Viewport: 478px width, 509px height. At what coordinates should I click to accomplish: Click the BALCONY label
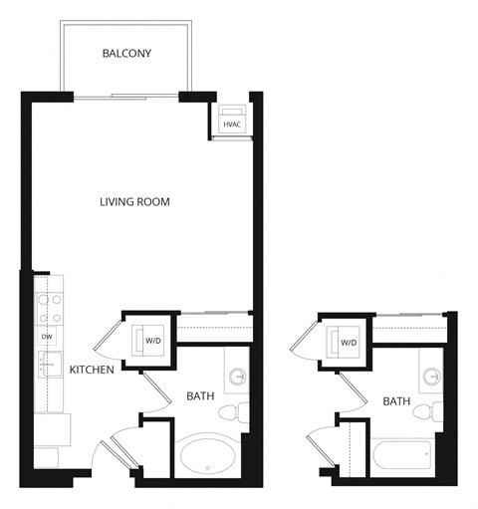[126, 54]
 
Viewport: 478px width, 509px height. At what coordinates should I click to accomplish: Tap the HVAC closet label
[233, 125]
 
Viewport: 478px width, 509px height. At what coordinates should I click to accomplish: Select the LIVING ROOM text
[134, 202]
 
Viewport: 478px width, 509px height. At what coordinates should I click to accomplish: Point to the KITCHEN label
[90, 370]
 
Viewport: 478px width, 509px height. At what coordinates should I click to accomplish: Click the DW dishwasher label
[47, 337]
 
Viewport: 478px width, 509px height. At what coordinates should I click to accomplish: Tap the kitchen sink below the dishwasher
[47, 366]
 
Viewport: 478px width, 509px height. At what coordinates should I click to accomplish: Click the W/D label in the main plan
[153, 342]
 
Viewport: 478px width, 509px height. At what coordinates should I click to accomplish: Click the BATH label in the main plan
[200, 397]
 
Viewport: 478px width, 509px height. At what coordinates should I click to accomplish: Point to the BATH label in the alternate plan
[396, 401]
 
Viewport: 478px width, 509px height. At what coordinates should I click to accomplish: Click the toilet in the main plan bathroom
[231, 411]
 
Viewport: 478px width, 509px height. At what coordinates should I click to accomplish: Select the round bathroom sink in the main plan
[238, 377]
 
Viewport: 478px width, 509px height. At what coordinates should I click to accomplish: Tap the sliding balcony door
[125, 96]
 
